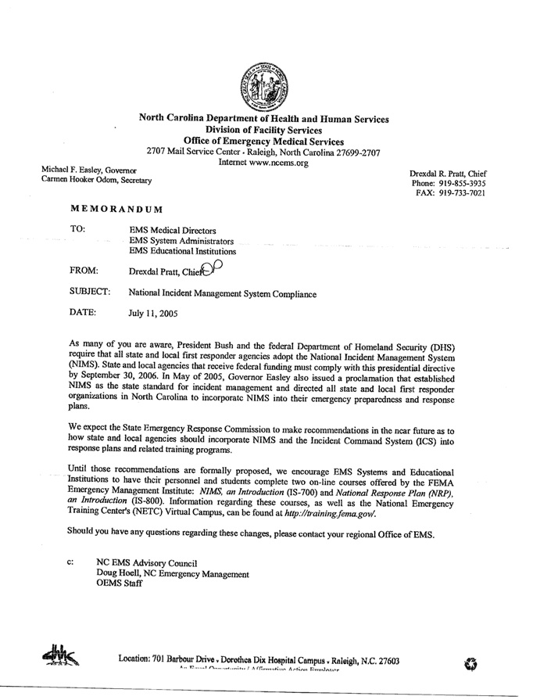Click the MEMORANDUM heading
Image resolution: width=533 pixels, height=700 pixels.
point(117,209)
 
